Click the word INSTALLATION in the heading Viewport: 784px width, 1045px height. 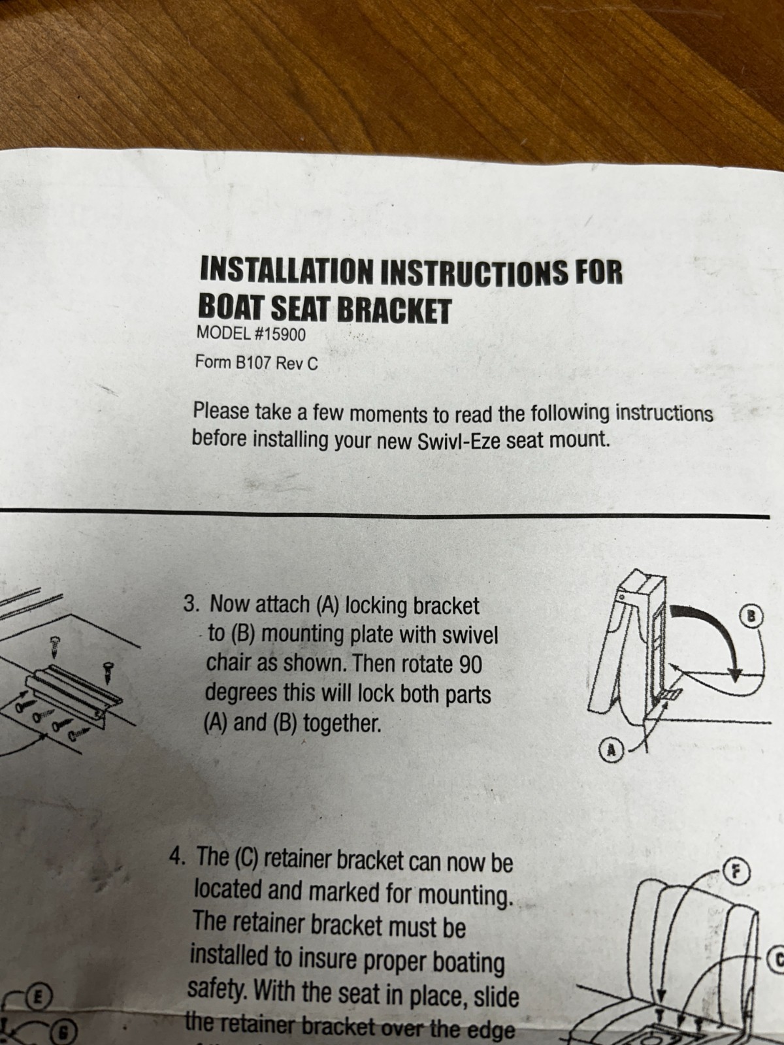point(287,270)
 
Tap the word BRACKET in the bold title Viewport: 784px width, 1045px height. point(394,310)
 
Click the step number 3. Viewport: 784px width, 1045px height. point(191,603)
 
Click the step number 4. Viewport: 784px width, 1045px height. point(178,856)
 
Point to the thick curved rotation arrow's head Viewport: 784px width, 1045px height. point(736,672)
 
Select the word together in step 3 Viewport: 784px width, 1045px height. point(343,724)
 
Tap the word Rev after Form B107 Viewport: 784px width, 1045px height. point(290,363)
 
